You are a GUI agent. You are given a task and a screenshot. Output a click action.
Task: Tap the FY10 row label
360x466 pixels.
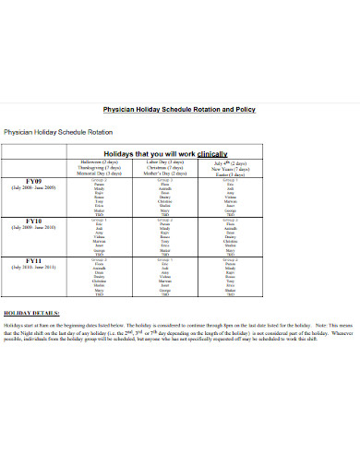(x=35, y=221)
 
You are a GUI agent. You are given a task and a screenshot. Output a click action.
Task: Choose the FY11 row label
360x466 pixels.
(x=35, y=261)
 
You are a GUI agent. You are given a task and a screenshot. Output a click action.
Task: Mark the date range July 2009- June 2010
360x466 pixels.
(x=35, y=228)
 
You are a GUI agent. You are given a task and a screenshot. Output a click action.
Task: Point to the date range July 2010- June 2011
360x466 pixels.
(x=35, y=269)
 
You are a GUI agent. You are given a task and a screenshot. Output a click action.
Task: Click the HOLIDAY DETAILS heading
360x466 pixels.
(x=31, y=314)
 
